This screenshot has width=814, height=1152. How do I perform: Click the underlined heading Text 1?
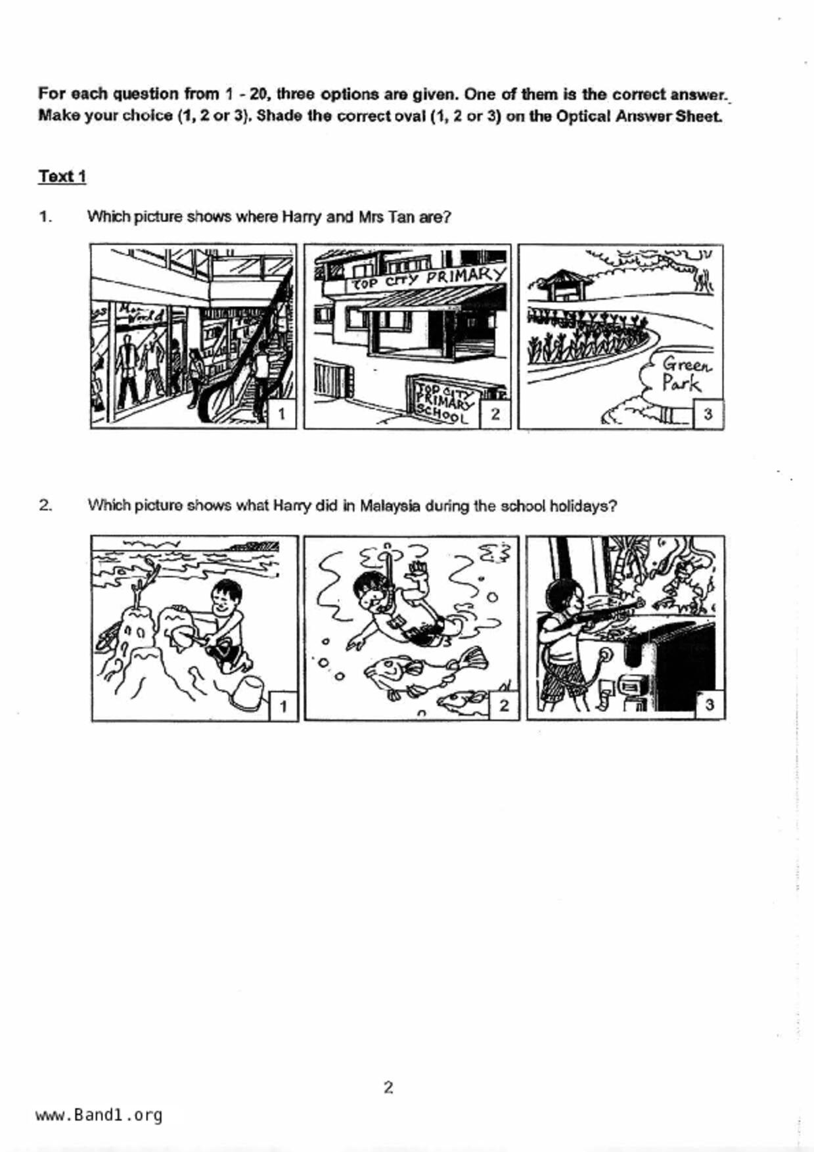click(62, 177)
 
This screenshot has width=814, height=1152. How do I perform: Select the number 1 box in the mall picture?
click(282, 414)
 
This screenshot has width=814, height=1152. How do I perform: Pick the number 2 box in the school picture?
click(495, 414)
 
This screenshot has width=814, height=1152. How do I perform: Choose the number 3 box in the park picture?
click(708, 414)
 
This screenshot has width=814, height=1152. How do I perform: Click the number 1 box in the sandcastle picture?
click(283, 706)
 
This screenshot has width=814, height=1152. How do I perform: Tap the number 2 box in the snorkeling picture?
click(504, 705)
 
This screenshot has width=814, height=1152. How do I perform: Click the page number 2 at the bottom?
click(388, 1088)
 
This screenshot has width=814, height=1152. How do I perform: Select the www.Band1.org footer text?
click(99, 1115)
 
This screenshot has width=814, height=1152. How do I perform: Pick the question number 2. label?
click(45, 505)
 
